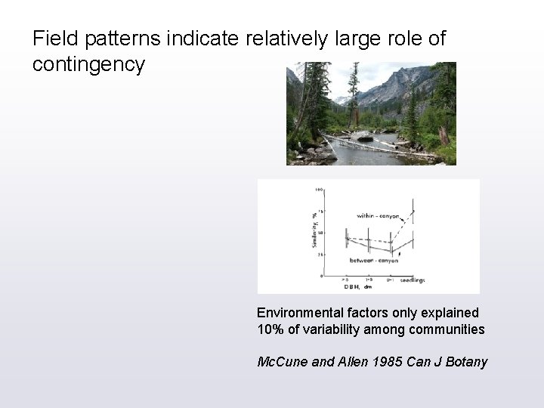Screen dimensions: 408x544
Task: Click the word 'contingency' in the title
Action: point(88,65)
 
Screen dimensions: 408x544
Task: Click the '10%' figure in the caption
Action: point(270,329)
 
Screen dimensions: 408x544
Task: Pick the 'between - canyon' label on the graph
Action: point(373,260)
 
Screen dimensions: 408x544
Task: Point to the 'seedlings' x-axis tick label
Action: point(412,280)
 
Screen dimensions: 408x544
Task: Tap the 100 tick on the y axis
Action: point(320,189)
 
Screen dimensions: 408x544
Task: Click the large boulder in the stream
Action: point(364,136)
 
